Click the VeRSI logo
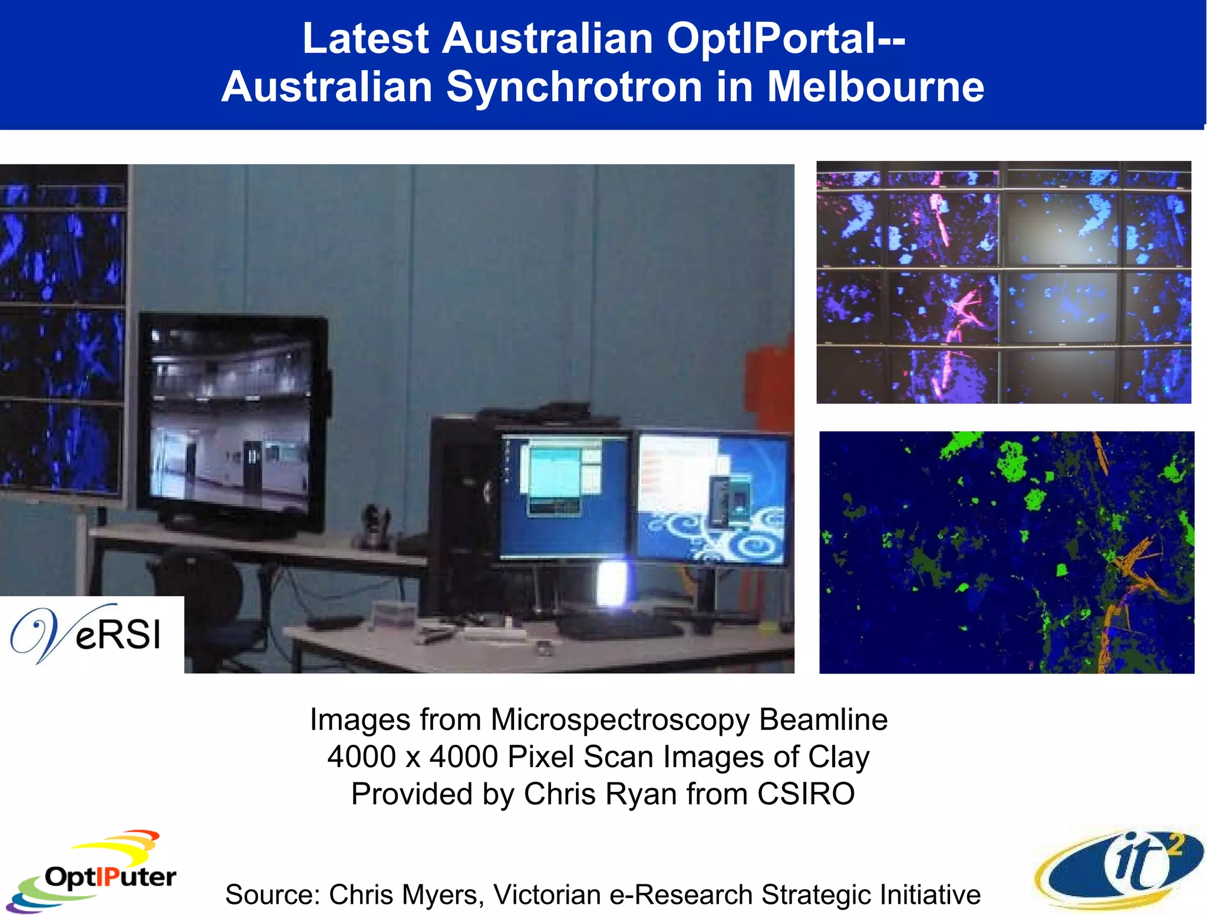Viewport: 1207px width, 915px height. point(88,634)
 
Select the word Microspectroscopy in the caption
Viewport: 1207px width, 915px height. point(620,719)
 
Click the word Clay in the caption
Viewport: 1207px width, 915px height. point(838,757)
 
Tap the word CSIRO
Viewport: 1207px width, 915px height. point(806,794)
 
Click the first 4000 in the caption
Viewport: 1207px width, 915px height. point(361,757)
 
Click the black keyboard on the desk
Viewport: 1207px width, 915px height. point(619,626)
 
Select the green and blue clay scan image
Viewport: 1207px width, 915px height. point(1006,552)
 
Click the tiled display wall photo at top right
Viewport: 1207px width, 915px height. point(1003,282)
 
